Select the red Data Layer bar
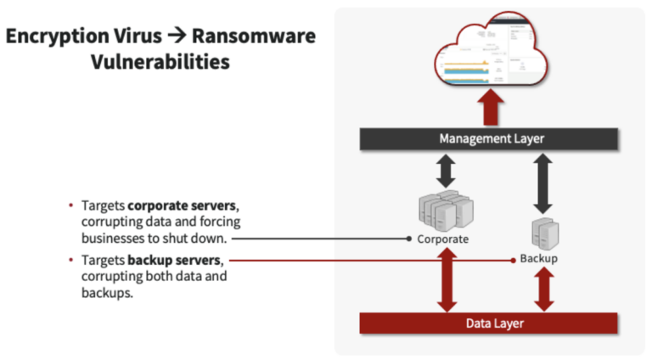tap(488, 323)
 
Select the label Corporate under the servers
tap(442, 239)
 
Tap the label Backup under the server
tap(539, 258)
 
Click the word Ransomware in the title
tap(253, 37)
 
